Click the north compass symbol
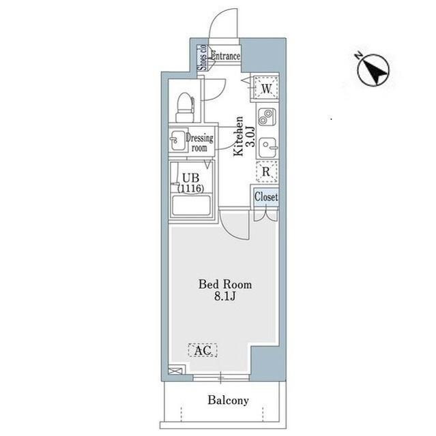373,69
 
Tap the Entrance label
225,56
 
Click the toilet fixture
185,107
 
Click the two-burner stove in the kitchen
267,116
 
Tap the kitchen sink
267,147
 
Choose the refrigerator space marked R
267,172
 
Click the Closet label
266,197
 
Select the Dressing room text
200,142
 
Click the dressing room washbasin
177,140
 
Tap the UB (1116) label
191,183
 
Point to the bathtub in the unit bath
191,205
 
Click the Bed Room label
225,285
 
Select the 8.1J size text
225,296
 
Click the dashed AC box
203,350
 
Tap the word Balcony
228,401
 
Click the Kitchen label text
238,136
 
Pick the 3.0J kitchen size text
251,136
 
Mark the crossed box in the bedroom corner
176,371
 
